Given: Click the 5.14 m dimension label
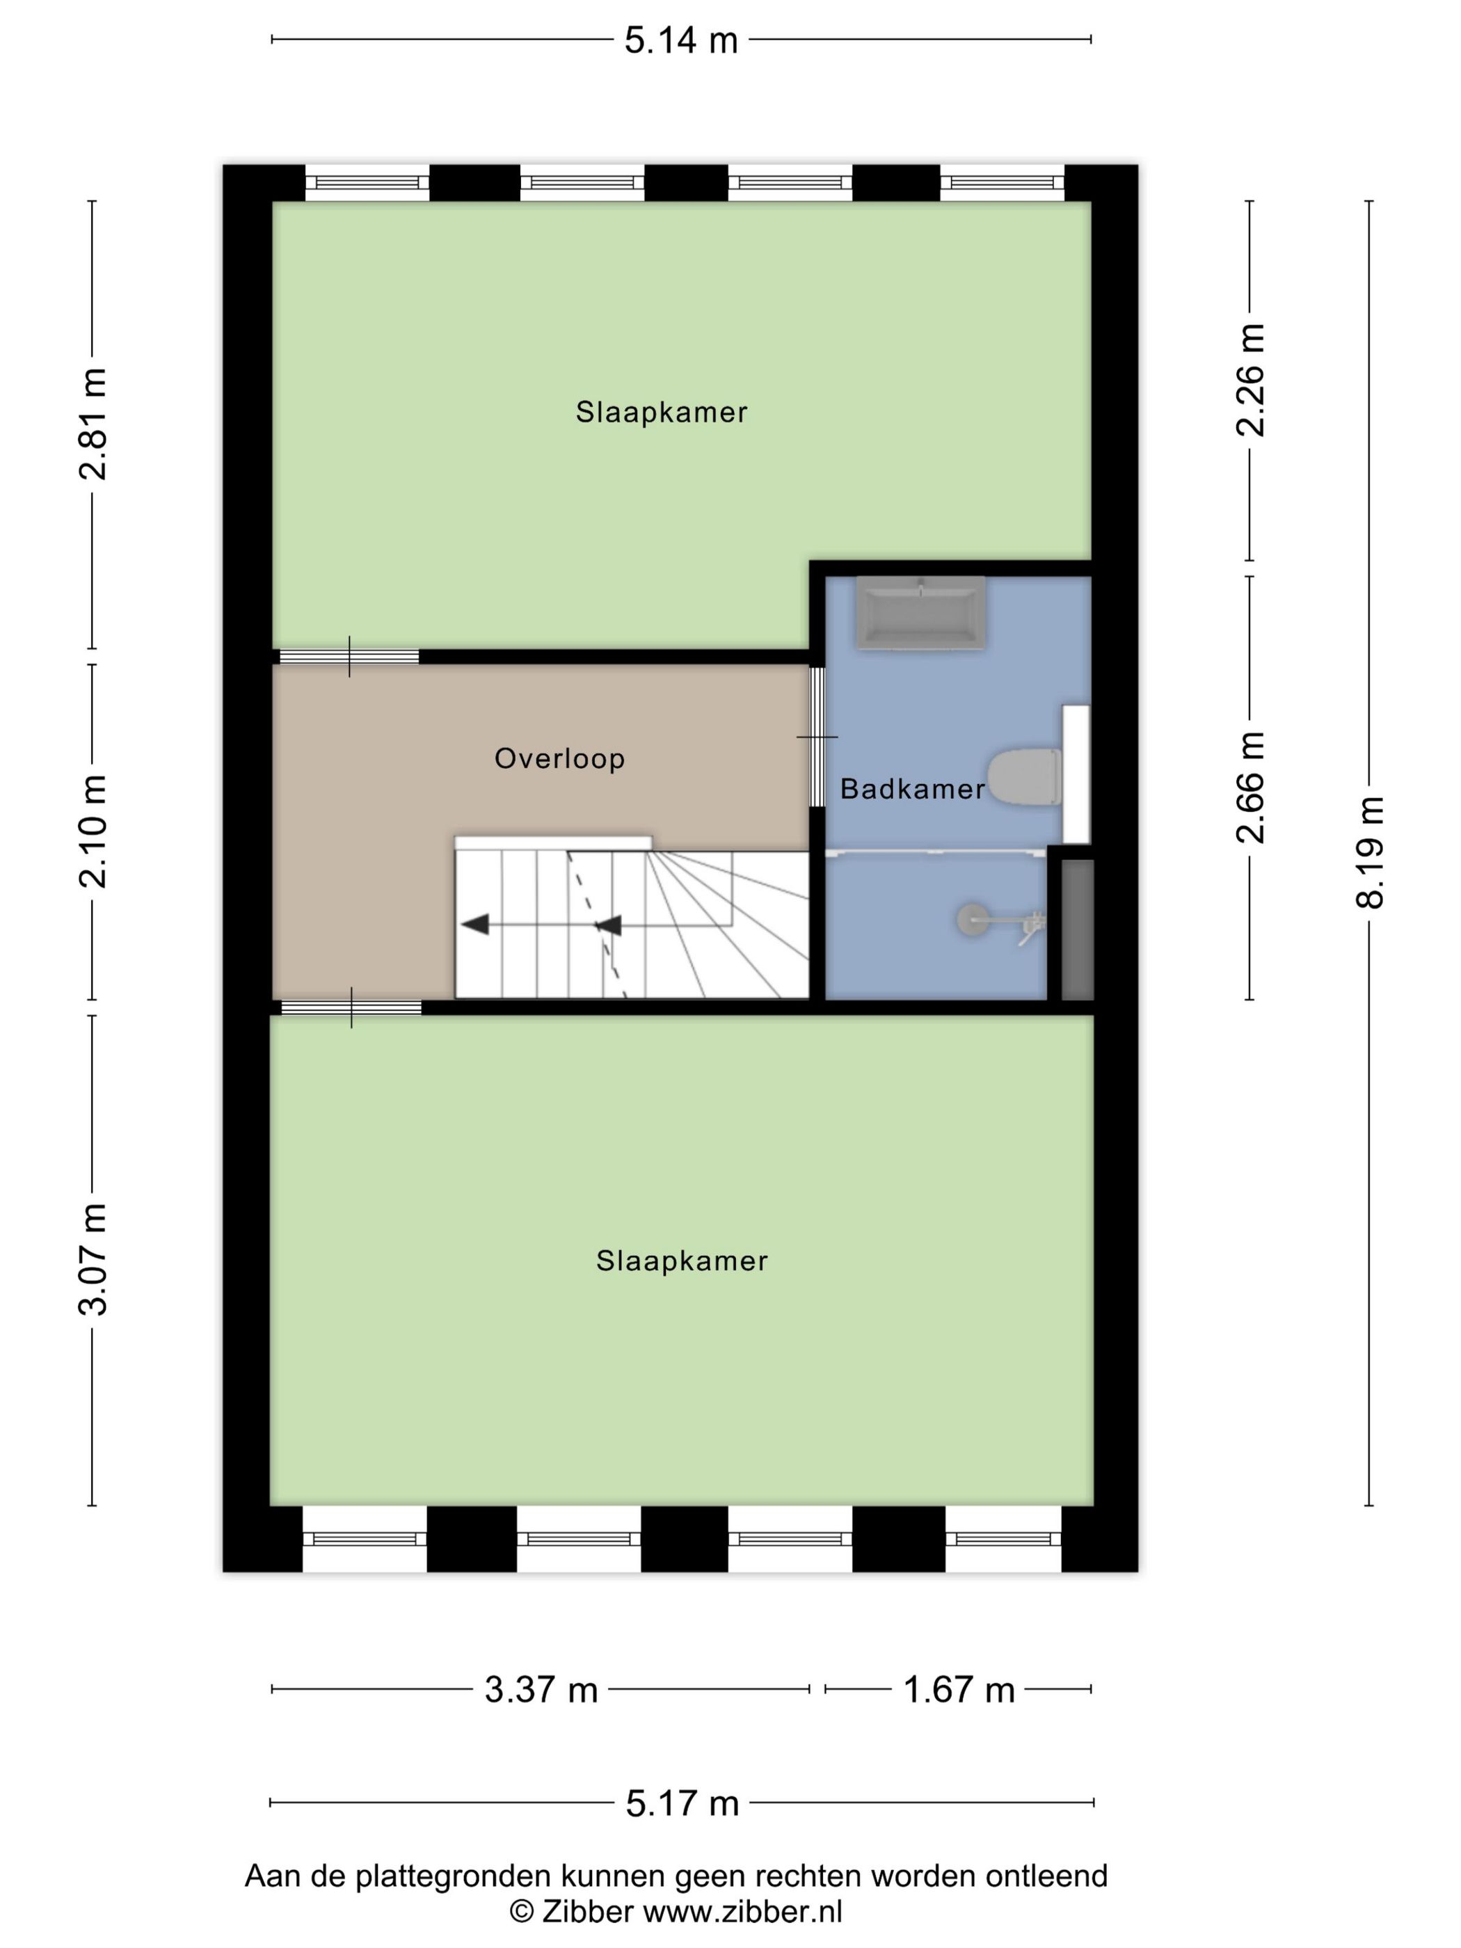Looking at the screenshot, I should [680, 40].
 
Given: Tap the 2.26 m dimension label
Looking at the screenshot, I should [1250, 380].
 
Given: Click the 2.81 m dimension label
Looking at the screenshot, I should [93, 424].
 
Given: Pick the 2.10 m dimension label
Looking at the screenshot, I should [93, 831].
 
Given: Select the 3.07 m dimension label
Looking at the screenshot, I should [93, 1259].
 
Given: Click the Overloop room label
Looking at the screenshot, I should [559, 758].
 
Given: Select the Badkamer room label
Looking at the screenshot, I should [911, 789].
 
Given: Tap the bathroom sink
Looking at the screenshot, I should [920, 613].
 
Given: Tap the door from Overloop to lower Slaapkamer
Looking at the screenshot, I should [351, 1007].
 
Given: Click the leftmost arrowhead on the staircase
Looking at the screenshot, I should [476, 925].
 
